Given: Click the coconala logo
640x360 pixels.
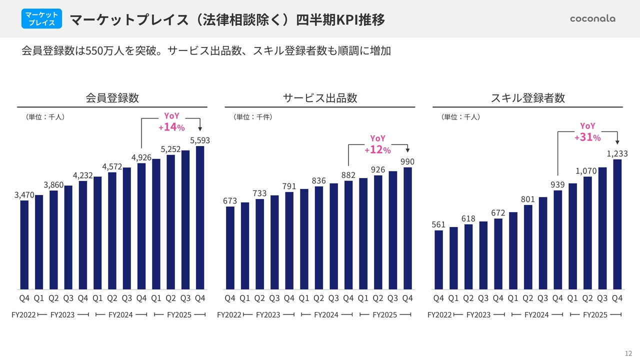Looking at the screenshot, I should pos(592,18).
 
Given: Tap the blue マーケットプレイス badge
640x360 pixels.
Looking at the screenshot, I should pos(42,18).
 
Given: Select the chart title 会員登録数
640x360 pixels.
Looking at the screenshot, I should pos(112,98).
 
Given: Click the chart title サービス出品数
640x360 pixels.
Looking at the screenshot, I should pos(320,98).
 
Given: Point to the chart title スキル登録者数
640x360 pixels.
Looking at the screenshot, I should pos(528,98).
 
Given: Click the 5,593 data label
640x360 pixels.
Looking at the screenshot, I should pos(200,140).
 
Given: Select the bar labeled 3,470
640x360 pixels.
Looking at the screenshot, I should pos(24,244).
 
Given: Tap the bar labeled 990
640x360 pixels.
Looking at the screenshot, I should pos(408,228).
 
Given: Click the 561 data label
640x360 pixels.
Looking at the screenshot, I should pos(438,225).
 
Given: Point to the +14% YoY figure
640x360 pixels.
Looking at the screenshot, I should pos(171,127).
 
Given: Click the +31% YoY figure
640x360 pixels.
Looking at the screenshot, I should pos(587,137).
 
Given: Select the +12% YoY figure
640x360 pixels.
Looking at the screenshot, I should pos(377,149).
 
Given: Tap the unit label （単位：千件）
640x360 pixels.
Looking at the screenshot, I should pos(252,117).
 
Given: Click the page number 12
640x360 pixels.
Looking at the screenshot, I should pos(628,352).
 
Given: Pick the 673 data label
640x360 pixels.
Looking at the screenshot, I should pos(230,201).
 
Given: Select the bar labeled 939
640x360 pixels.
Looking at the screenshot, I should pos(558,239).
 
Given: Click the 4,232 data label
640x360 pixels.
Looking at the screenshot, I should pos(83,175).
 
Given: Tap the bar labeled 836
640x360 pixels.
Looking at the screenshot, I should pos(319,237).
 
